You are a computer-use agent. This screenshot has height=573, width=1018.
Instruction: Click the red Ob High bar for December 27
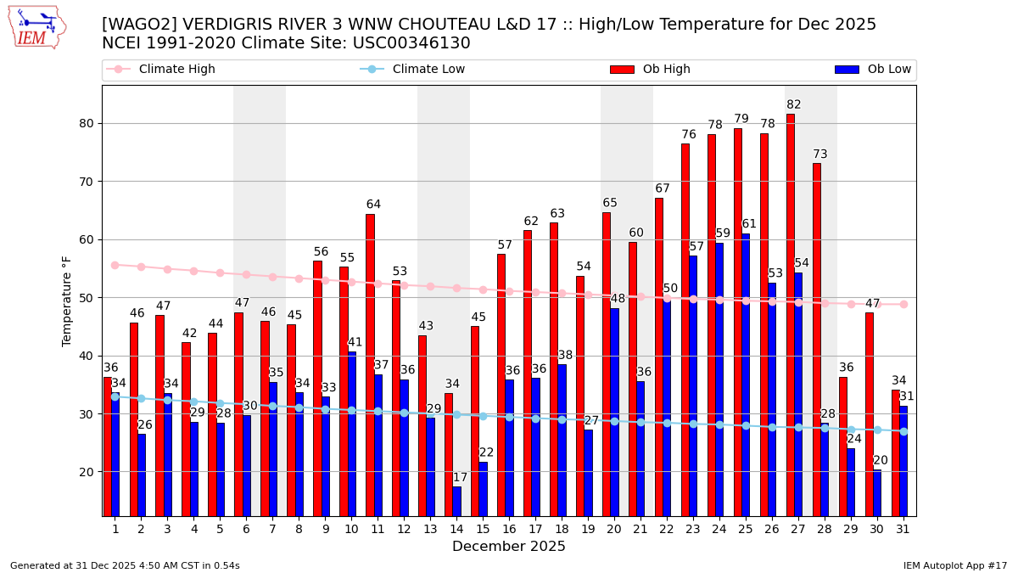(x=791, y=314)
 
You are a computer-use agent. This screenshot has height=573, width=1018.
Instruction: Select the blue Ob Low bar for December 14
(x=457, y=501)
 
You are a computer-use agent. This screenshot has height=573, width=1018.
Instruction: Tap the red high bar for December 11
(x=370, y=365)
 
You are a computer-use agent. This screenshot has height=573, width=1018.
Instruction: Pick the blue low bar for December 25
(x=746, y=374)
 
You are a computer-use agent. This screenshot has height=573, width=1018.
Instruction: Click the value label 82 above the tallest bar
(x=794, y=105)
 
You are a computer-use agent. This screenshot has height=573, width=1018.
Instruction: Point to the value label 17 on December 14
(x=460, y=478)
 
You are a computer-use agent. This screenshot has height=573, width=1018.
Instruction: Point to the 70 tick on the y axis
(x=86, y=182)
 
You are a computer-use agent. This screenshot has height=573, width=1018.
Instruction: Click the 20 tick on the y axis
(x=86, y=472)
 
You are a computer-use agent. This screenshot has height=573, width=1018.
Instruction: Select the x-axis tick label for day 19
(x=588, y=529)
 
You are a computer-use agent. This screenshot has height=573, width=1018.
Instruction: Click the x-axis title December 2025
(x=509, y=547)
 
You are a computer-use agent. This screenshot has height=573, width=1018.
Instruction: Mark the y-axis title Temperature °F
(x=67, y=301)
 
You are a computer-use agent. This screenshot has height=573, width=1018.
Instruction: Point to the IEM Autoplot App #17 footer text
(x=955, y=565)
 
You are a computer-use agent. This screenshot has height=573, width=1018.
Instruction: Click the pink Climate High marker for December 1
(x=115, y=265)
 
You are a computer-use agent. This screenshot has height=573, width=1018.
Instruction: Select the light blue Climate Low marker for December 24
(x=719, y=424)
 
